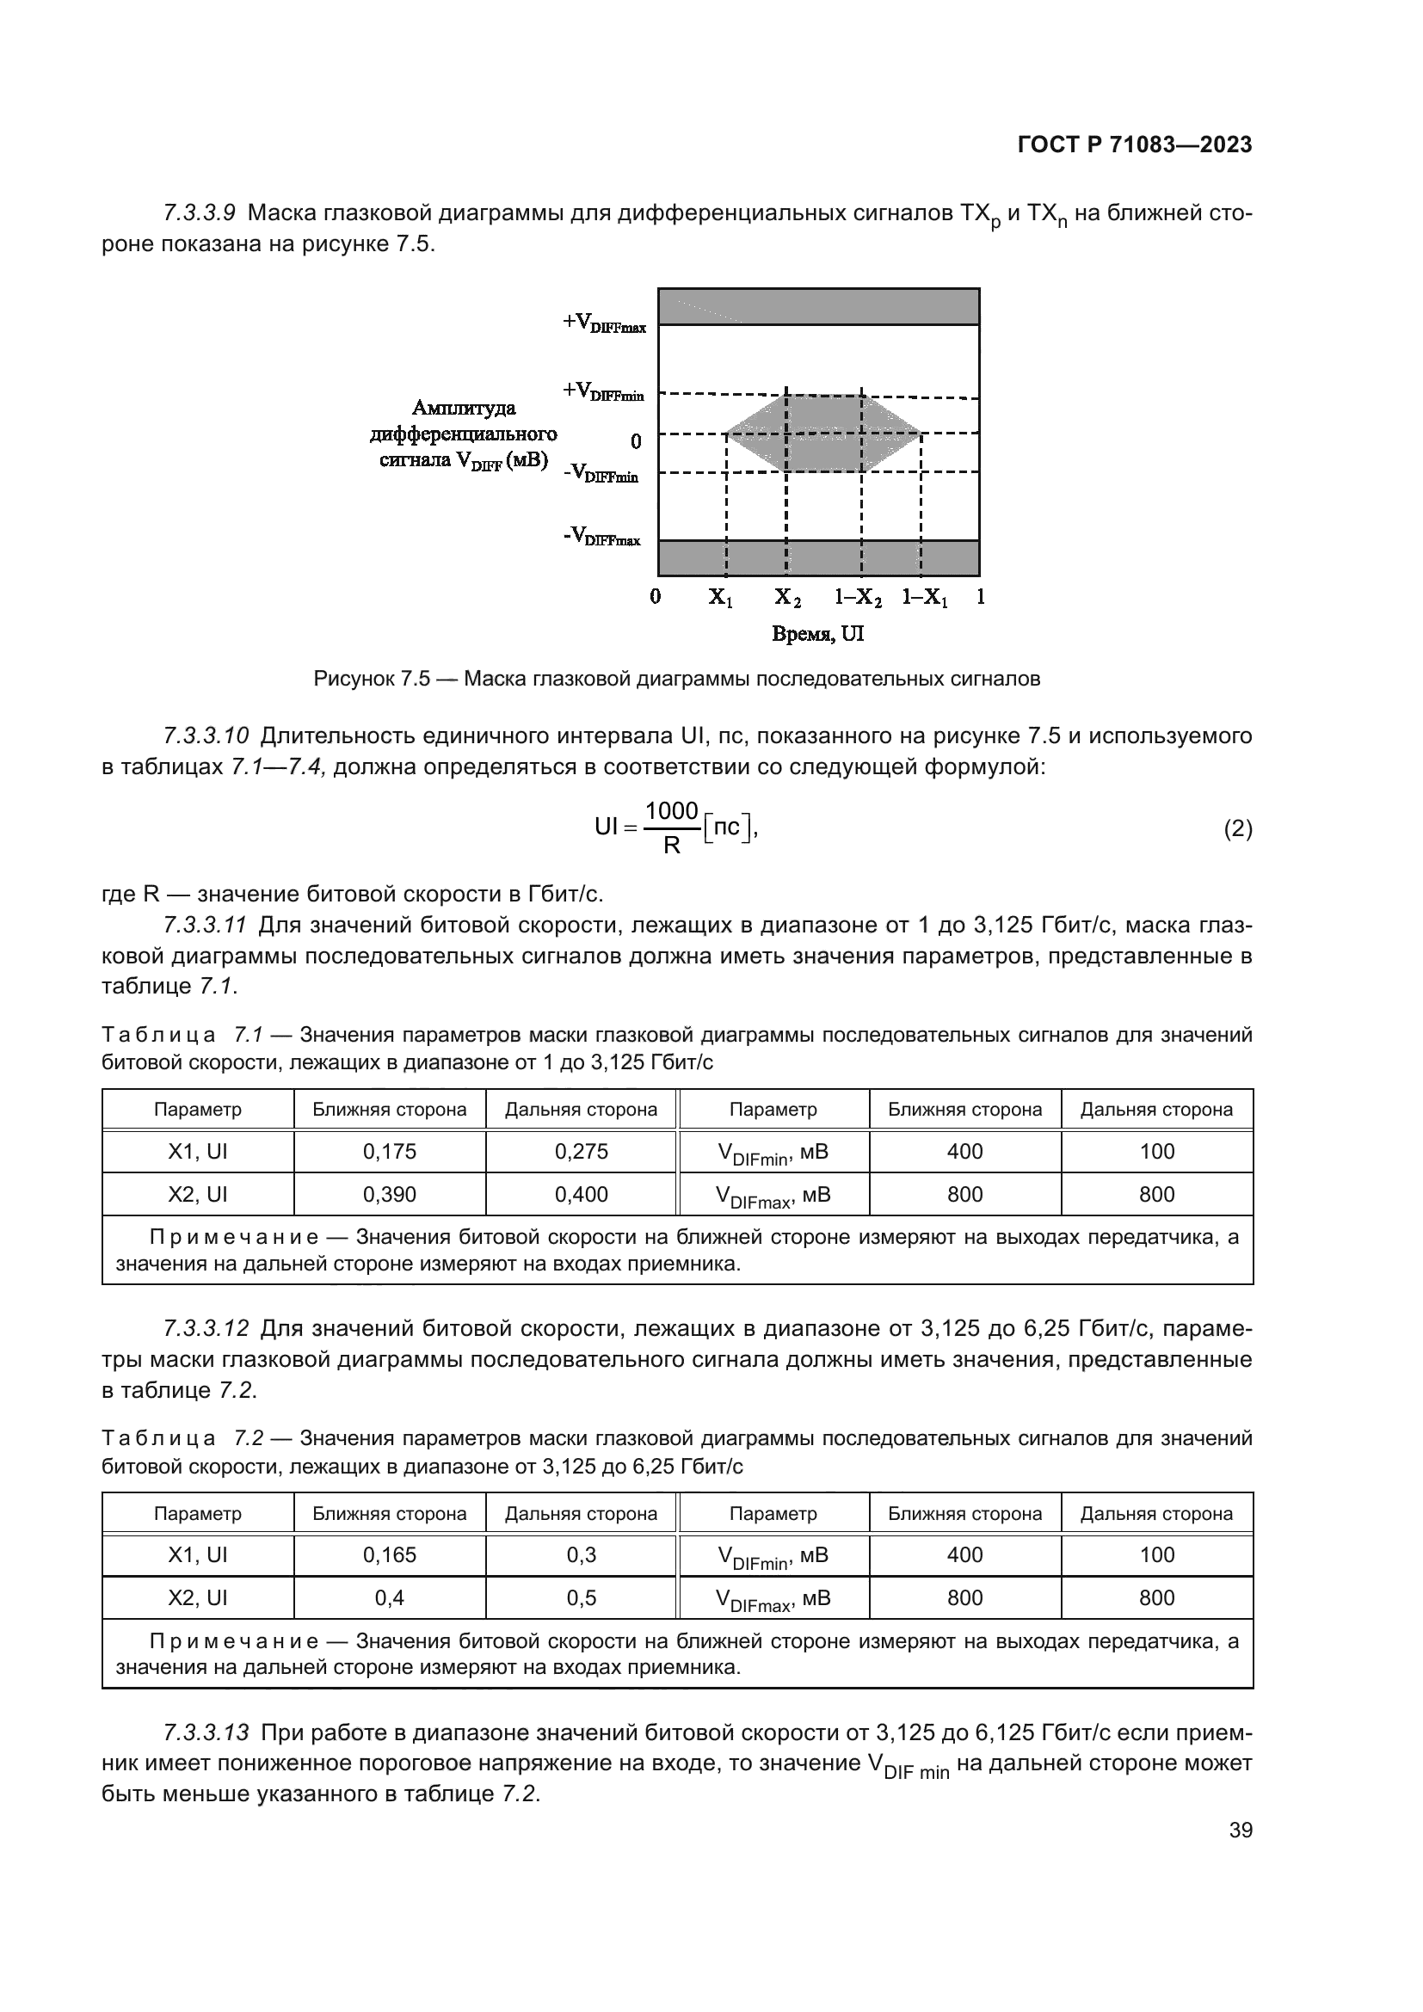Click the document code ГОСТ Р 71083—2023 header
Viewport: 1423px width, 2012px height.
pyautogui.click(x=1134, y=145)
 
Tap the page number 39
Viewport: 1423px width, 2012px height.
pyautogui.click(x=1240, y=1830)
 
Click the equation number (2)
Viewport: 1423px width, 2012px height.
pyautogui.click(x=1237, y=829)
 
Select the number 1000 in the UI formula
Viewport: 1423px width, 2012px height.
pyautogui.click(x=671, y=811)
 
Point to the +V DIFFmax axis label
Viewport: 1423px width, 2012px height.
pyautogui.click(x=605, y=323)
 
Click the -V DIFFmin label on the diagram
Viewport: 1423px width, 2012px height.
pyautogui.click(x=601, y=473)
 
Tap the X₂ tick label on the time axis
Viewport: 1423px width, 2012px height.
pyautogui.click(x=787, y=598)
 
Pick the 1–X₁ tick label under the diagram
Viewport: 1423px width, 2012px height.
pyautogui.click(x=924, y=598)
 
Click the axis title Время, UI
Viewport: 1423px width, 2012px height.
pyautogui.click(x=817, y=634)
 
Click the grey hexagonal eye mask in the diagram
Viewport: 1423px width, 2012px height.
pyautogui.click(x=823, y=433)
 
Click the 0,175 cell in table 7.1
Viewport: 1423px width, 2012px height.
pyautogui.click(x=389, y=1152)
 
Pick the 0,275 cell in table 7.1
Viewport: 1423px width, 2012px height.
pyautogui.click(x=581, y=1152)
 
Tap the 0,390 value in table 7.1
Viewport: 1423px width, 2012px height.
pyautogui.click(x=389, y=1195)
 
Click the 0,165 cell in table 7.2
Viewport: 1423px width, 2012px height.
pyautogui.click(x=389, y=1554)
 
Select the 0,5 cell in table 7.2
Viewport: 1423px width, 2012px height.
pyautogui.click(x=581, y=1597)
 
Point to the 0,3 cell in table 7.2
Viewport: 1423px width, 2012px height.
pyautogui.click(x=581, y=1554)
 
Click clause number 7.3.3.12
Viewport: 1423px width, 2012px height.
pyautogui.click(x=206, y=1328)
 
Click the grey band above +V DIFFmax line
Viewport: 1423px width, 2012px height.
pyautogui.click(x=817, y=307)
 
